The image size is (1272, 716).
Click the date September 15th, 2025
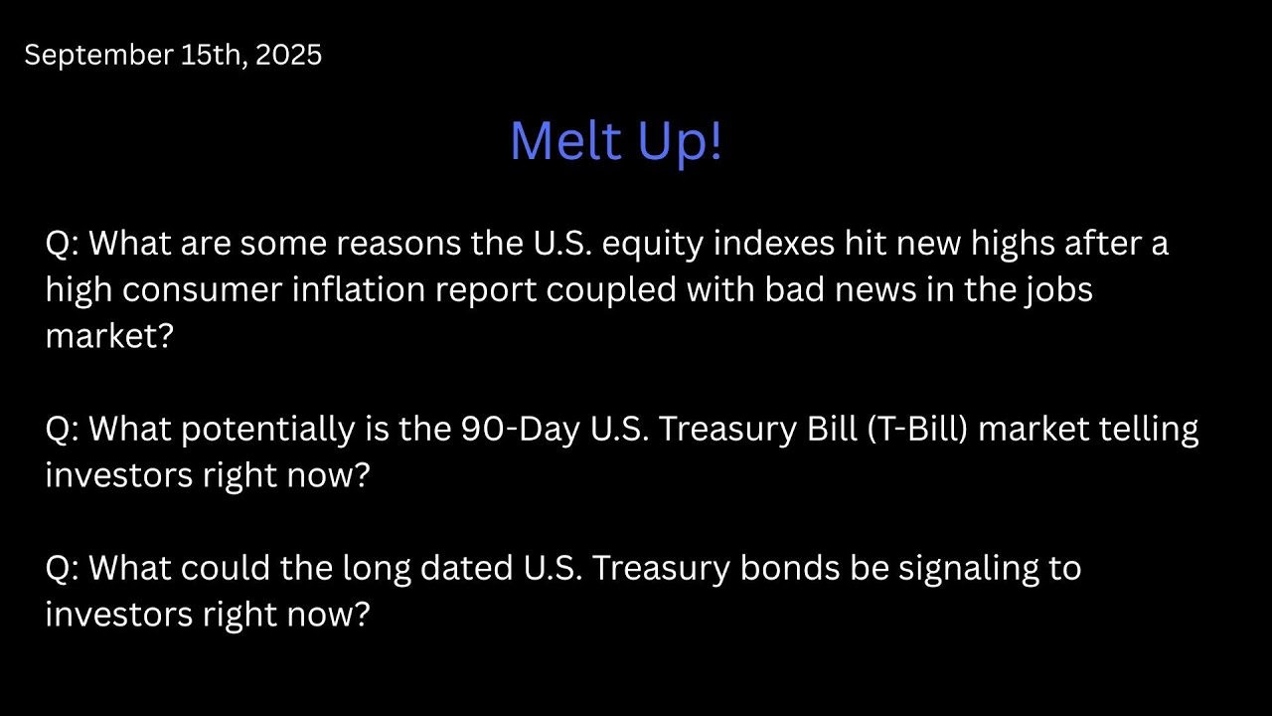pos(173,56)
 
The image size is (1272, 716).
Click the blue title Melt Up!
pos(615,140)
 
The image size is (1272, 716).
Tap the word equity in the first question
pos(649,244)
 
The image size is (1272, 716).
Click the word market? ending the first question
pos(109,336)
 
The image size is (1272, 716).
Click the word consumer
pos(207,289)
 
